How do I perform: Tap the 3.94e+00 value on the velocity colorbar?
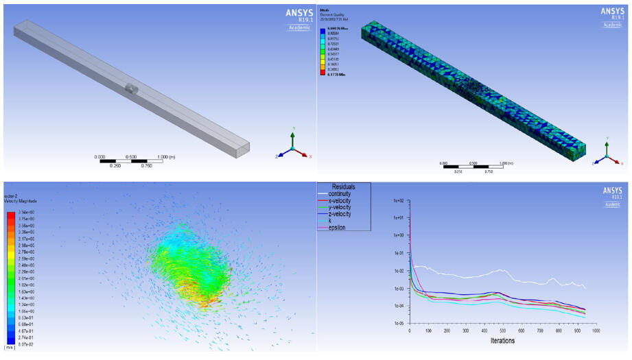click(x=27, y=213)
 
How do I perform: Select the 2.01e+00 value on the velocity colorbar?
click(x=27, y=279)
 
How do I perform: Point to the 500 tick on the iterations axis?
click(x=502, y=330)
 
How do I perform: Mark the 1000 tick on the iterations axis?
click(x=595, y=330)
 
